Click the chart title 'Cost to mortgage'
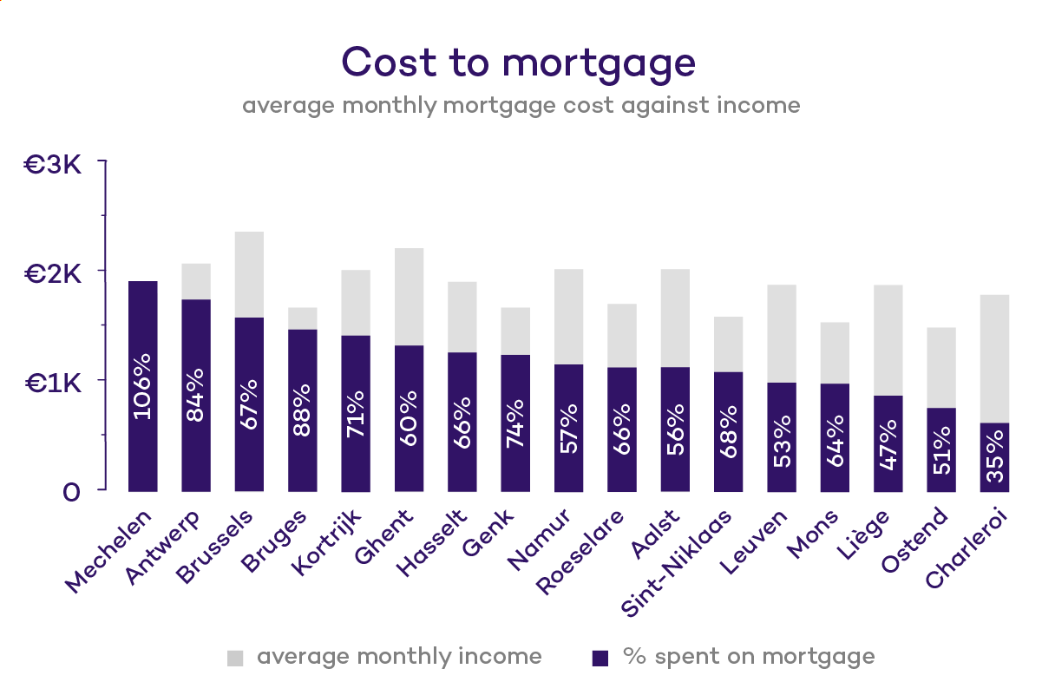pos(519,62)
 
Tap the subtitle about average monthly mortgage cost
pos(521,106)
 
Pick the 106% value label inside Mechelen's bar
pos(142,386)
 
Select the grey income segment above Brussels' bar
pos(249,273)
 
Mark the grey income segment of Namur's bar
pos(568,316)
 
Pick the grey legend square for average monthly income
pos(236,658)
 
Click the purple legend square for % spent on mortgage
pos(600,658)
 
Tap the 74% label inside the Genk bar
pos(514,423)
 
